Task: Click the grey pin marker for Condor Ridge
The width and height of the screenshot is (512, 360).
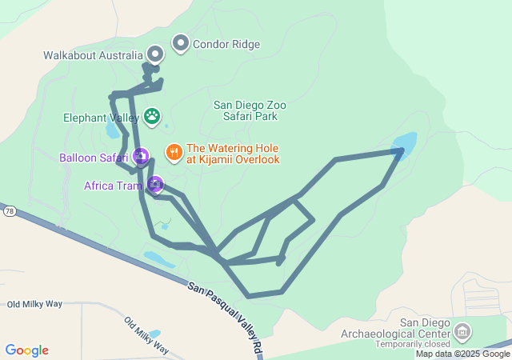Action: click(x=181, y=44)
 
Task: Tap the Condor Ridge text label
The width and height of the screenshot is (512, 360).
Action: click(x=226, y=45)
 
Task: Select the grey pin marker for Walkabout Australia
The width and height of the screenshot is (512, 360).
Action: click(x=154, y=54)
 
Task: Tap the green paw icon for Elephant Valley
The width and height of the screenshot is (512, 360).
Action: click(x=151, y=117)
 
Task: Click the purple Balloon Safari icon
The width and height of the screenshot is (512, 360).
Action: click(x=141, y=156)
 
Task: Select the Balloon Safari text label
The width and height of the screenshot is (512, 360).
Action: click(x=94, y=157)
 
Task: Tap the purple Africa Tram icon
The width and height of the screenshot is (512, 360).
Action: click(x=154, y=186)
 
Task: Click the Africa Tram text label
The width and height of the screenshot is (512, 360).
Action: click(x=113, y=186)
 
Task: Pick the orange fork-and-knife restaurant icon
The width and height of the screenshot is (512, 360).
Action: click(x=174, y=151)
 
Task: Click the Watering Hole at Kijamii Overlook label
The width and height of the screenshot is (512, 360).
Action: click(x=233, y=154)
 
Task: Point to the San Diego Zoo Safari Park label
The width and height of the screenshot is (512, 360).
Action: click(x=250, y=110)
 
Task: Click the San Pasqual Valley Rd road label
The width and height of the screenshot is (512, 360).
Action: click(x=226, y=318)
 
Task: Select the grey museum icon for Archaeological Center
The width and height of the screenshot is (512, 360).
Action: click(x=462, y=330)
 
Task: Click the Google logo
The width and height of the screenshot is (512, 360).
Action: click(x=27, y=350)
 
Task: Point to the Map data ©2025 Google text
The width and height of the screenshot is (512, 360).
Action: click(x=462, y=354)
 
